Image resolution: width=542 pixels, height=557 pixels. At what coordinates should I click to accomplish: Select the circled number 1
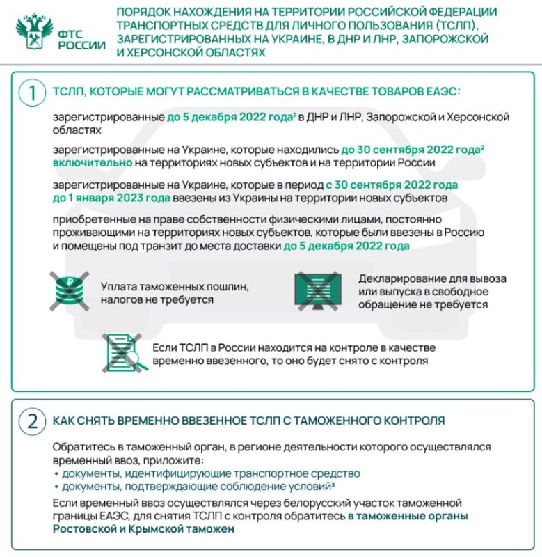(x=31, y=93)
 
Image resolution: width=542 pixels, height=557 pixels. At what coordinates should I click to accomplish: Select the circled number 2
(x=31, y=421)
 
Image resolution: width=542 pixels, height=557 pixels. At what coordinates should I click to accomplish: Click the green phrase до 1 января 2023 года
(x=111, y=198)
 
